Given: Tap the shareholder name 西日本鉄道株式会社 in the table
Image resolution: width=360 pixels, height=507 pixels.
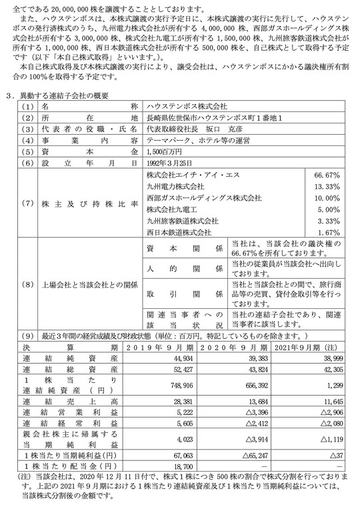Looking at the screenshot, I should (179, 232).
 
